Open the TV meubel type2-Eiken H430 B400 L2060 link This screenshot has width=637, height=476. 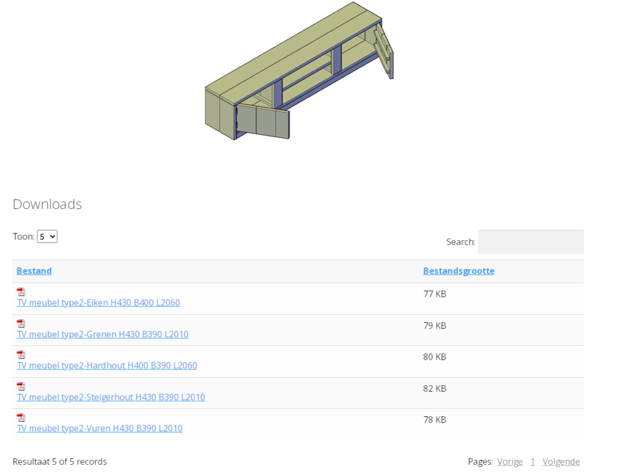tap(98, 303)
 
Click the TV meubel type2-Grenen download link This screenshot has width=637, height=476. tap(103, 334)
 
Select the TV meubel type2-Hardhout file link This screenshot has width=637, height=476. tap(107, 365)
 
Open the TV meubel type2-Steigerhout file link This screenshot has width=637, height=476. tap(111, 397)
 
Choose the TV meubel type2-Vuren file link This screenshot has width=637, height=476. tap(100, 428)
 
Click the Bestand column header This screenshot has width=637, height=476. tap(34, 271)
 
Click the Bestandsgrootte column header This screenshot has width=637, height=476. tap(458, 271)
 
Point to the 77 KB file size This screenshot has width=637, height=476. tap(435, 294)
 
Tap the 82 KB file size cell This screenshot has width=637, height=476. tap(435, 388)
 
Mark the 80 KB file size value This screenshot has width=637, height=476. tap(435, 357)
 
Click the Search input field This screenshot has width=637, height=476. tap(531, 242)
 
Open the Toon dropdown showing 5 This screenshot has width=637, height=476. tap(47, 236)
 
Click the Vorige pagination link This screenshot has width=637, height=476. tap(509, 462)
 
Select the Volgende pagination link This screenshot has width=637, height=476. tap(561, 462)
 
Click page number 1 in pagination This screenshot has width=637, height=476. tap(532, 462)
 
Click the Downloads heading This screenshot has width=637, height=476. tap(47, 204)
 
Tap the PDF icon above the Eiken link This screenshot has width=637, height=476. tap(21, 292)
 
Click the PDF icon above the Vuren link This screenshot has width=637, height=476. tap(21, 418)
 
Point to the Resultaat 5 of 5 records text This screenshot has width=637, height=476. tap(60, 462)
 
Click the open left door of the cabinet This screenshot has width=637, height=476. tap(264, 121)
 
